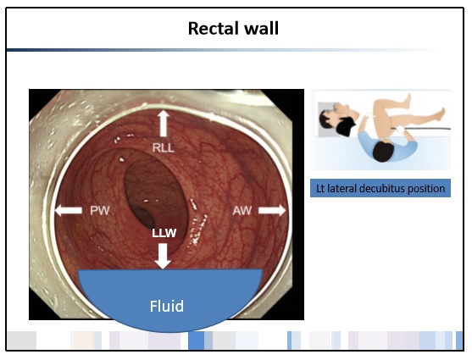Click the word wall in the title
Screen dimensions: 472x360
(261, 28)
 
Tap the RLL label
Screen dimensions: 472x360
(164, 147)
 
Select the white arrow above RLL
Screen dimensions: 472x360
(164, 123)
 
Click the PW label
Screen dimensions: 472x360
(100, 210)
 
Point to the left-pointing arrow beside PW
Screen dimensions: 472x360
(69, 210)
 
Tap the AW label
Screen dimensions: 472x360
(242, 210)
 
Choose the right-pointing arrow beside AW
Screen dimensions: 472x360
(272, 210)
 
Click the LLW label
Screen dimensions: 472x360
(164, 233)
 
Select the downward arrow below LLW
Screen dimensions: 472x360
(163, 256)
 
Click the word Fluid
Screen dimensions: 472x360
(167, 306)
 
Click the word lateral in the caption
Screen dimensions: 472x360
(342, 189)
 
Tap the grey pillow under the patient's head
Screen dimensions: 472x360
(329, 119)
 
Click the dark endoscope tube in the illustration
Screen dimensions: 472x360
(428, 129)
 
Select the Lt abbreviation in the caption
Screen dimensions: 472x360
(320, 189)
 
